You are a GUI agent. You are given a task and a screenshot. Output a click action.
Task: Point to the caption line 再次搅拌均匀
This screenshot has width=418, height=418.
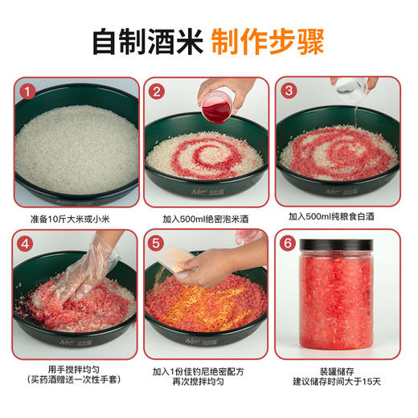point(207,385)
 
